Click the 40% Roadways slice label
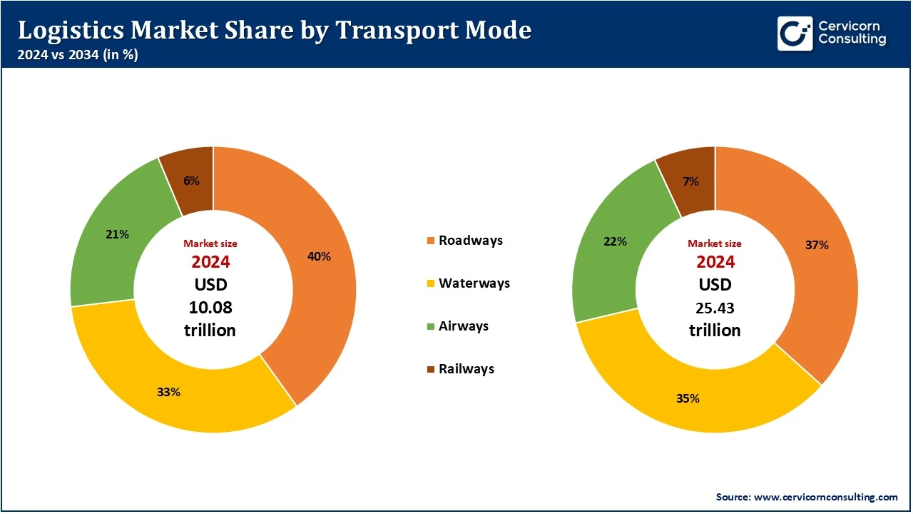click(319, 256)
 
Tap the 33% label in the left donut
click(169, 392)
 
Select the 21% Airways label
click(117, 234)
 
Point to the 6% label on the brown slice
click(191, 181)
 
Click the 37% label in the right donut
click(817, 245)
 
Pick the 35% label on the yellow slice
click(688, 398)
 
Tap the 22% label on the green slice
click(615, 241)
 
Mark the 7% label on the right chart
click(690, 181)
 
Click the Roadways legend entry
click(470, 241)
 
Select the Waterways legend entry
click(474, 283)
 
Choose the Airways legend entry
click(463, 326)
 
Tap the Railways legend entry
click(466, 369)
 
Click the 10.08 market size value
click(210, 308)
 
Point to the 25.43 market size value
click(715, 308)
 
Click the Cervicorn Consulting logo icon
click(795, 33)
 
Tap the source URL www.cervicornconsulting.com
click(825, 496)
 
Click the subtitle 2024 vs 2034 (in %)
click(78, 55)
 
